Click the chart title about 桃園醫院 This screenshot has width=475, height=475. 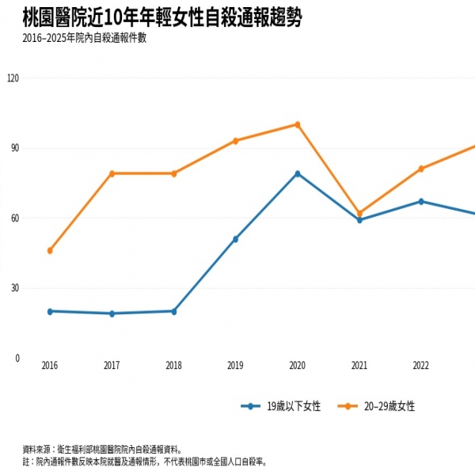162,17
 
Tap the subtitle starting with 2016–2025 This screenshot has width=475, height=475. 85,38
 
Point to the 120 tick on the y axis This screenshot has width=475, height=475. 13,78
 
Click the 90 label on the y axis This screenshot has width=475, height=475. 15,148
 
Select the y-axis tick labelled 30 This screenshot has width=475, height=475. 15,288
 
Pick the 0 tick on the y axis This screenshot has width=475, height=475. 17,358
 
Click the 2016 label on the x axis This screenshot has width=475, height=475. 50,365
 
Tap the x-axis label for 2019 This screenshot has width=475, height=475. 235,365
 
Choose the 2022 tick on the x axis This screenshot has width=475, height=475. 421,365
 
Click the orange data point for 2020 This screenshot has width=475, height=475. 298,125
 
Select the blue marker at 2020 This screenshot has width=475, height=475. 298,173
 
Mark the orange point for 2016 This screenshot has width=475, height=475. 50,250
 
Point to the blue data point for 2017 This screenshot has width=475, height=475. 112,313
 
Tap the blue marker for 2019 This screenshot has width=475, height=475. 235,239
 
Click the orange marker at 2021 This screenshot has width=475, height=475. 359,213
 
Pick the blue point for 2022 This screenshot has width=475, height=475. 421,201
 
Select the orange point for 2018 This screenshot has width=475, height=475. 174,173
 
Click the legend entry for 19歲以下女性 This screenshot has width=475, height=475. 280,406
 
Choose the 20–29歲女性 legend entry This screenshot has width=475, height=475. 376,406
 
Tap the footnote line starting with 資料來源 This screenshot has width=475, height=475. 102,449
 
